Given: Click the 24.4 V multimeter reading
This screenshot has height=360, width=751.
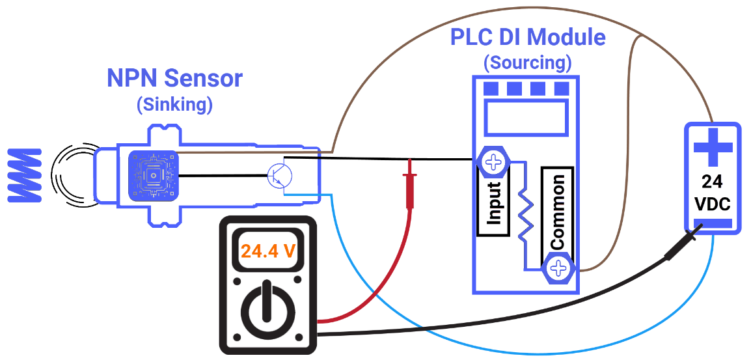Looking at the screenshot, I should click(x=268, y=250).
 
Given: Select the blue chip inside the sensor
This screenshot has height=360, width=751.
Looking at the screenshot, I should click(x=153, y=176).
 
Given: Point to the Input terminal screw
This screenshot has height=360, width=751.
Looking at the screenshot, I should click(x=493, y=161).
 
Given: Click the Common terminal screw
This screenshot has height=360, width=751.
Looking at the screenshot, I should click(x=558, y=268).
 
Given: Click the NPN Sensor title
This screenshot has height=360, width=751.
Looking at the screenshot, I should click(x=174, y=79).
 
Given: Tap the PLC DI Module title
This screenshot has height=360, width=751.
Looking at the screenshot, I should click(x=528, y=37).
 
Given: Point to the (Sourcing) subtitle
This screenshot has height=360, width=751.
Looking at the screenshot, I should click(x=528, y=63).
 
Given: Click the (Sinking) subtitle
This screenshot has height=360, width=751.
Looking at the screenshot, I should click(x=174, y=104).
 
